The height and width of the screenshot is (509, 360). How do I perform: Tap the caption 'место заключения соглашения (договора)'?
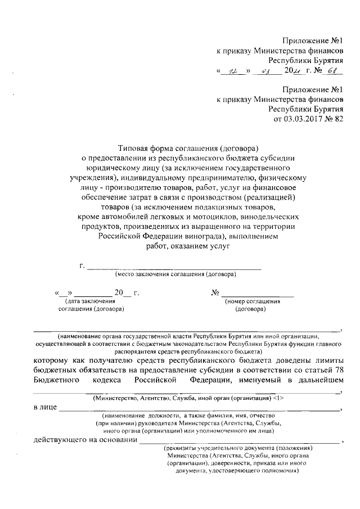coord(175,274)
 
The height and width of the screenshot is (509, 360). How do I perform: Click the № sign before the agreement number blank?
coord(214,293)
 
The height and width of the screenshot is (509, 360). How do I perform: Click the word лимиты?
coord(328,358)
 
